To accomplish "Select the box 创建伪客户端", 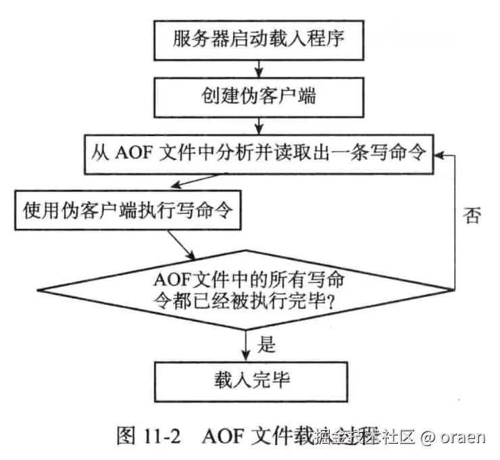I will point(259,97).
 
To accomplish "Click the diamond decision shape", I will point(259,289).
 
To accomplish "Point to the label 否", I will point(472,216).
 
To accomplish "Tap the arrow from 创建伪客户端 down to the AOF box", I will point(259,125).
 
